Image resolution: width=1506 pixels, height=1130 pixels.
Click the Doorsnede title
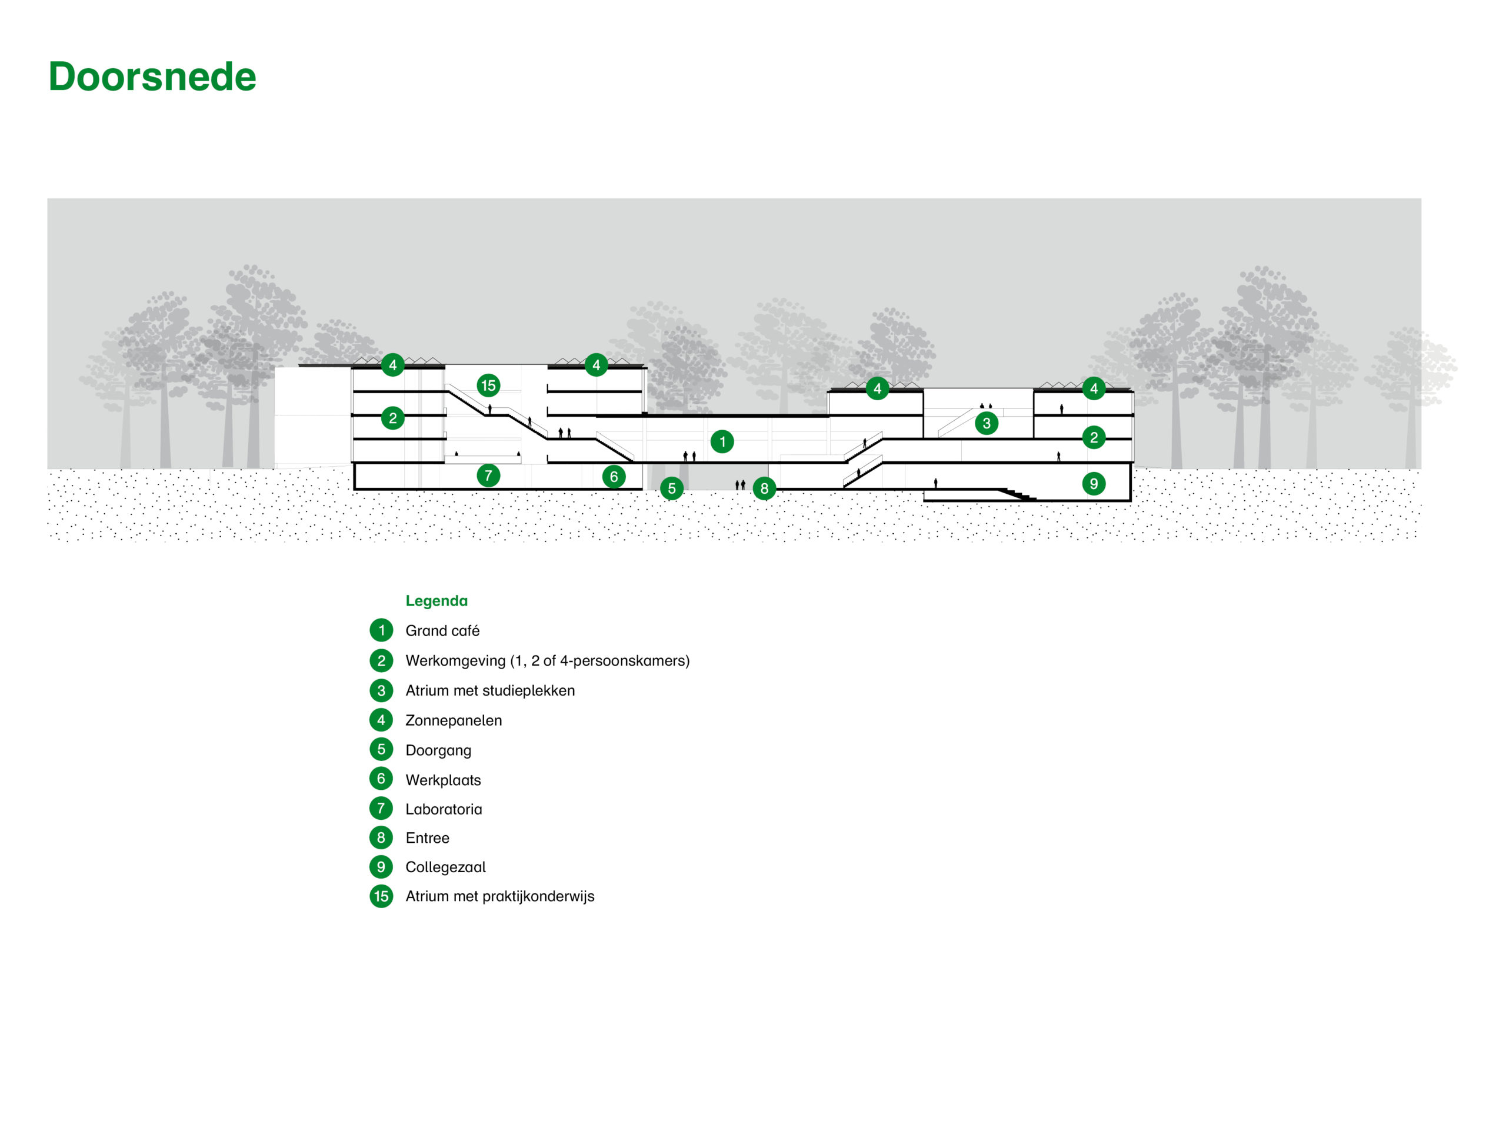click(x=152, y=77)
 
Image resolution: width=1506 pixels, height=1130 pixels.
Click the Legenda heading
click(x=437, y=601)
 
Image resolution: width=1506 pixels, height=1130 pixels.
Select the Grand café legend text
click(x=442, y=631)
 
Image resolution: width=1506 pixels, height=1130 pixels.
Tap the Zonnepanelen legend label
click(x=454, y=720)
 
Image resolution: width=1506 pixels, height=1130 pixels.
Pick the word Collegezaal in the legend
click(x=445, y=867)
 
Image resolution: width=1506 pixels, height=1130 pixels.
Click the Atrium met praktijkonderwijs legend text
click(x=499, y=896)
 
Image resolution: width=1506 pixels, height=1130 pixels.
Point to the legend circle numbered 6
click(x=381, y=779)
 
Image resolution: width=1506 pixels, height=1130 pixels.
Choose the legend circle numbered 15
click(x=381, y=896)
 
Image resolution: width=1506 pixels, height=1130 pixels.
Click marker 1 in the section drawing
click(x=722, y=441)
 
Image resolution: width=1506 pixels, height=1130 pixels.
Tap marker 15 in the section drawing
click(x=488, y=385)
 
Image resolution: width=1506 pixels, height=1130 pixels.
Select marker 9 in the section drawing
click(x=1094, y=484)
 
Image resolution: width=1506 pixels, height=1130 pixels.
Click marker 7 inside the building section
click(x=488, y=476)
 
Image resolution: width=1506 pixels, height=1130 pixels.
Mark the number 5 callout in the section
click(x=671, y=488)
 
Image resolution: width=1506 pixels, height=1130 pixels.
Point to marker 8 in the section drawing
click(x=764, y=488)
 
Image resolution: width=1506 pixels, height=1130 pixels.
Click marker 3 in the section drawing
click(x=986, y=424)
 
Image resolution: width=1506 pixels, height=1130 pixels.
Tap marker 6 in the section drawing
click(x=614, y=477)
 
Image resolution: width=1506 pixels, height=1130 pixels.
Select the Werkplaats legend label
click(x=442, y=780)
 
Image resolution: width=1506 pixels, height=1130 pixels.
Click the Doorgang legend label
click(x=438, y=750)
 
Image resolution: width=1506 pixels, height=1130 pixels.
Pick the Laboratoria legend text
click(x=443, y=809)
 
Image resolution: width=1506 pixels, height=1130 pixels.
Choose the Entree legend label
click(x=427, y=838)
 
